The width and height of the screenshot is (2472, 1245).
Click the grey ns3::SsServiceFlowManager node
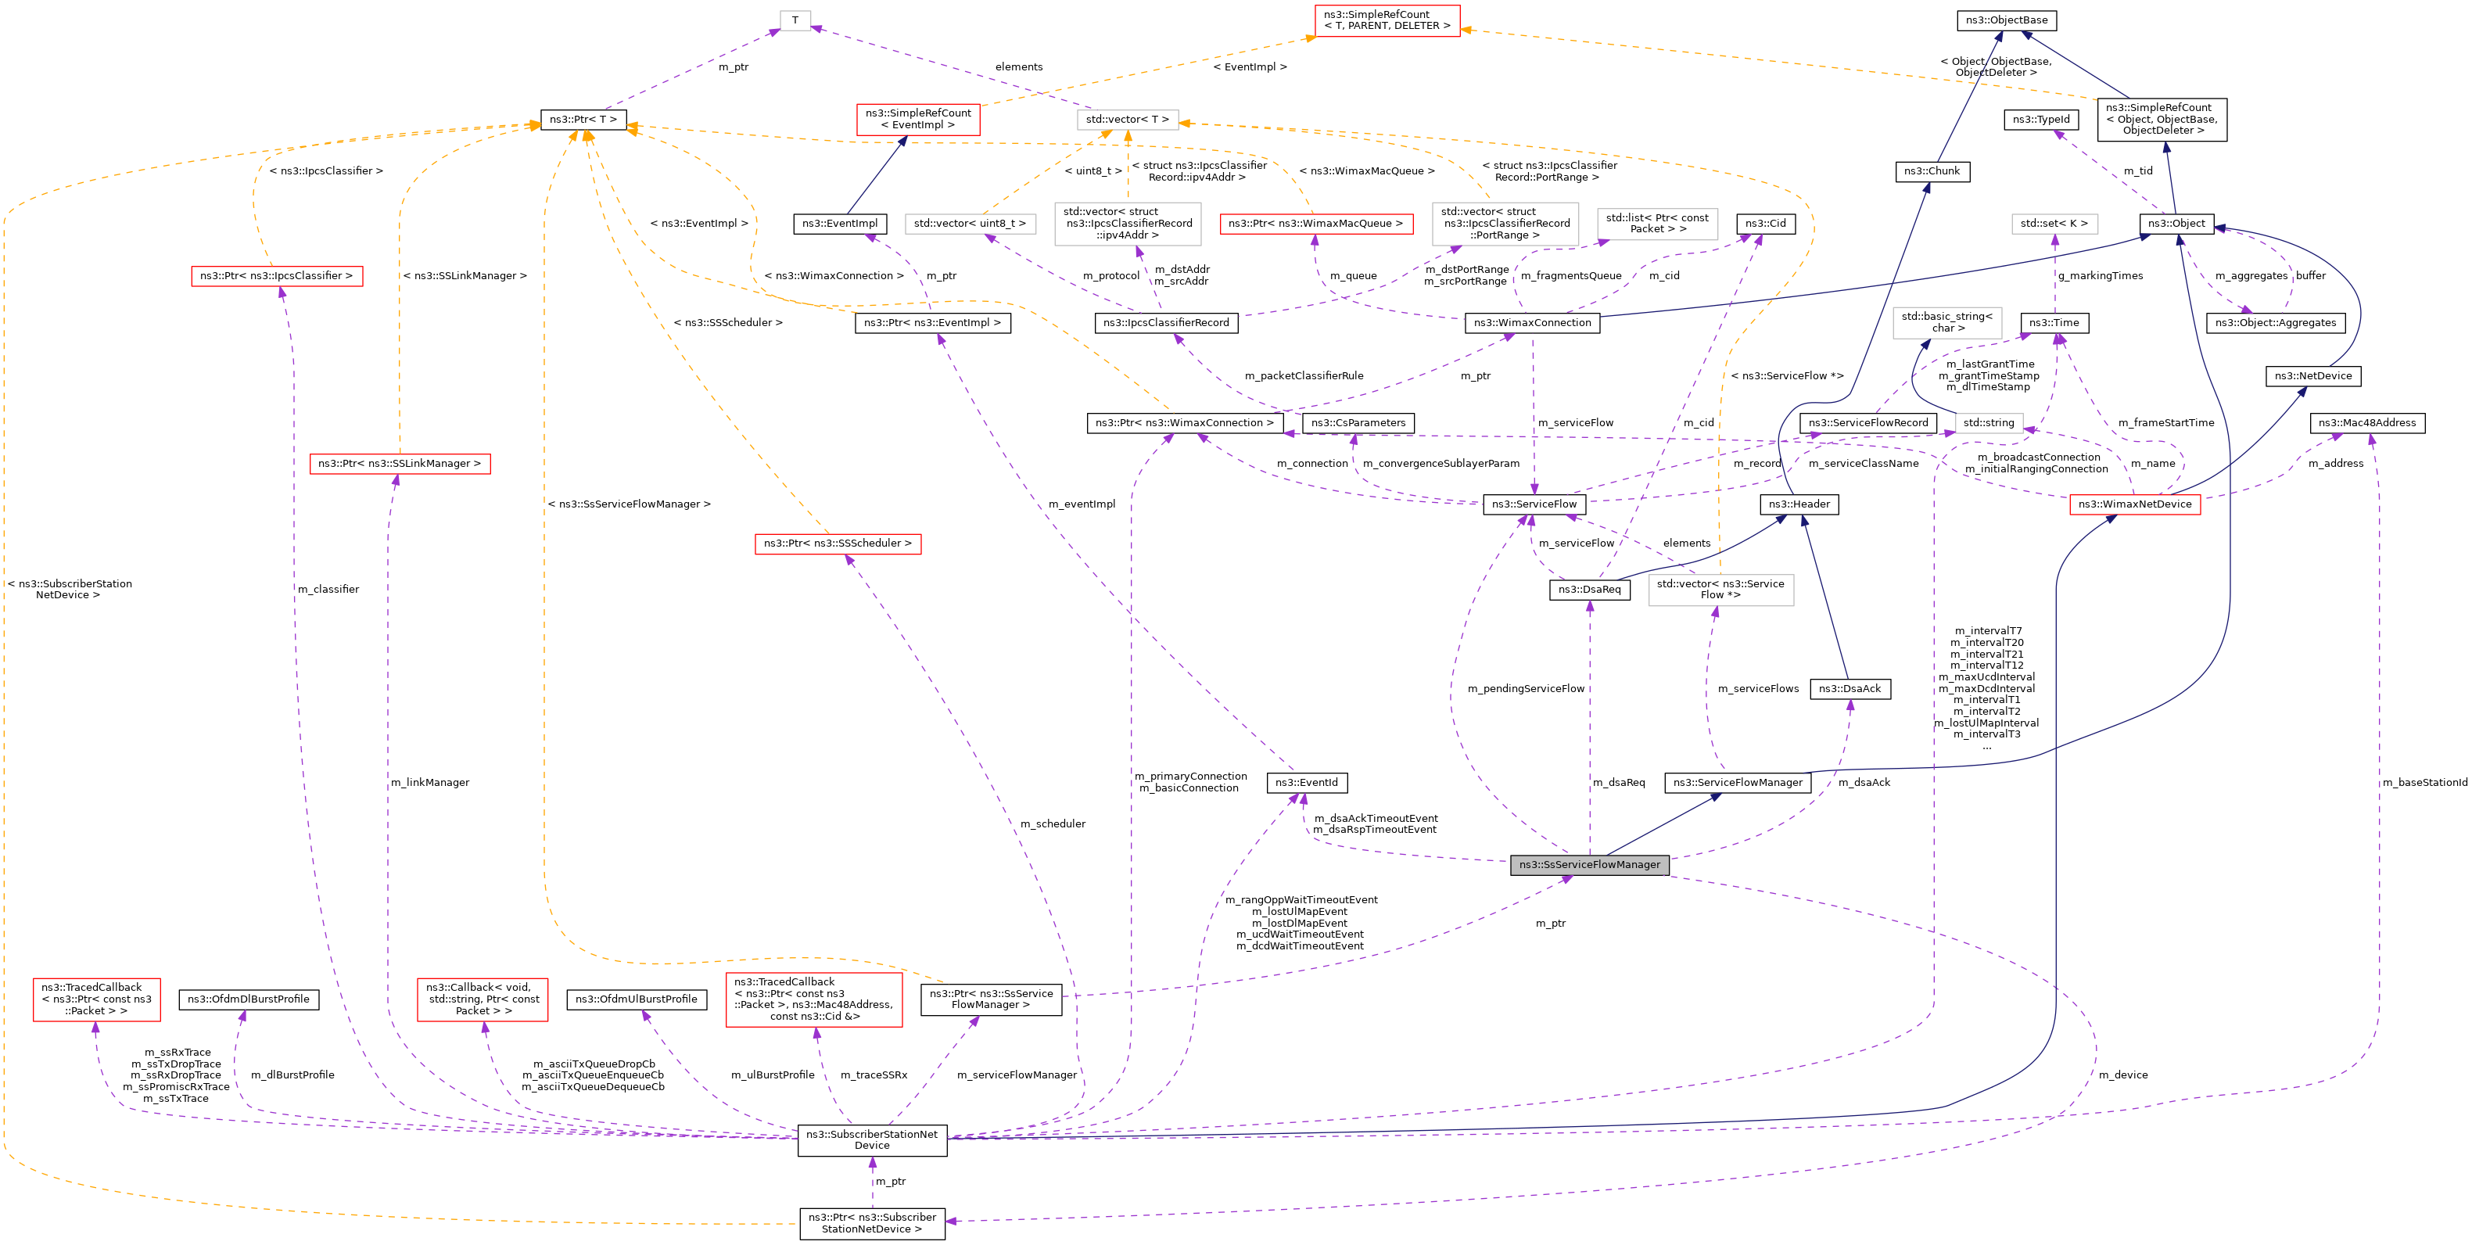click(x=1589, y=865)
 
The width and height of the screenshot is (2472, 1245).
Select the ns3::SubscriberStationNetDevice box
click(x=871, y=1139)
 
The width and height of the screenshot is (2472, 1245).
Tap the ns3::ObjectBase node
click(x=2006, y=20)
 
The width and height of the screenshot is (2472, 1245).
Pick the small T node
click(x=795, y=20)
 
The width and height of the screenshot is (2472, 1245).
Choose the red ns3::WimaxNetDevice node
click(x=2134, y=504)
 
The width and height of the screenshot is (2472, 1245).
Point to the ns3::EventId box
click(x=1306, y=782)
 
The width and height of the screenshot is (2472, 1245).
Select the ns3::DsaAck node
click(x=1850, y=688)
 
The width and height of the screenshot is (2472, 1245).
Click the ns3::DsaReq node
click(x=1589, y=590)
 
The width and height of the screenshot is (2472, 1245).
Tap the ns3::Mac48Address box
click(x=2366, y=422)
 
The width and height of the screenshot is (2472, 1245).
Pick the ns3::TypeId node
click(x=2041, y=120)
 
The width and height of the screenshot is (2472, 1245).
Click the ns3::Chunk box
click(x=1931, y=170)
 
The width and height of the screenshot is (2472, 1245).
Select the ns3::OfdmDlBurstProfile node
click(x=249, y=999)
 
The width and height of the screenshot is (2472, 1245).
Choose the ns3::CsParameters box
click(x=1358, y=422)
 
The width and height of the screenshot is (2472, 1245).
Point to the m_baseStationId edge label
click(x=2424, y=782)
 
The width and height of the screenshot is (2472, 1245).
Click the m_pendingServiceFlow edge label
click(x=1526, y=688)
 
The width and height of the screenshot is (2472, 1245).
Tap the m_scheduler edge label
click(x=1053, y=823)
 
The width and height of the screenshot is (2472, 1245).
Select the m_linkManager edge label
click(x=430, y=782)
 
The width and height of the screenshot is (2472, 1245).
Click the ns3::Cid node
click(x=1765, y=224)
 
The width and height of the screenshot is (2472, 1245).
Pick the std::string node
click(x=1989, y=422)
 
